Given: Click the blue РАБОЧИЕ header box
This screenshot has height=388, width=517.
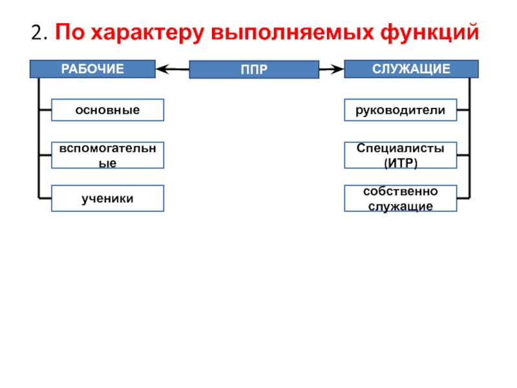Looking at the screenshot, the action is click(x=92, y=69).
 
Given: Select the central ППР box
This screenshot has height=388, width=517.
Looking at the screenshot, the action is click(x=254, y=69).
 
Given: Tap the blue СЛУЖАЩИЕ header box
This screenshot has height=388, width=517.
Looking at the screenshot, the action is click(x=411, y=69).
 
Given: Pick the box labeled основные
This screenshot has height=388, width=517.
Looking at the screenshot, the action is click(x=107, y=110).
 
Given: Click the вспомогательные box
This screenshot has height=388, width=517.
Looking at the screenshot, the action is click(x=107, y=155).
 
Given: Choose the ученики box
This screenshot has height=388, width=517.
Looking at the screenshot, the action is click(x=107, y=199).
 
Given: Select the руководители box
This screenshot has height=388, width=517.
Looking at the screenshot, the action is click(x=401, y=110).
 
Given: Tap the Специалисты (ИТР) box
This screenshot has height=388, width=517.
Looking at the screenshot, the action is click(x=401, y=155).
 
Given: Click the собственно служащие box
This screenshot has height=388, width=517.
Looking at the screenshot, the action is click(x=401, y=199).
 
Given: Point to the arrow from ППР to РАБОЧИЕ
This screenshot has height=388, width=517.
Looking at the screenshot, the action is click(x=173, y=69).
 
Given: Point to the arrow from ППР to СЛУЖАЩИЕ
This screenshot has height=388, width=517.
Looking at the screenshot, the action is click(x=332, y=69).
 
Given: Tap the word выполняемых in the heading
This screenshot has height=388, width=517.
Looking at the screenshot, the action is click(x=293, y=33).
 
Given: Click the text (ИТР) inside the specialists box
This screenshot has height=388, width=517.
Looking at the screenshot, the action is click(x=401, y=163).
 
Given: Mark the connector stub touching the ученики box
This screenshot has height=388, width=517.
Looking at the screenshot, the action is click(x=45, y=199).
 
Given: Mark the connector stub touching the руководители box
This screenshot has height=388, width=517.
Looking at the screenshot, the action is click(x=463, y=110).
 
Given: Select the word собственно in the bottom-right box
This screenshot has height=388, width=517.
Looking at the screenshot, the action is click(x=401, y=191).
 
